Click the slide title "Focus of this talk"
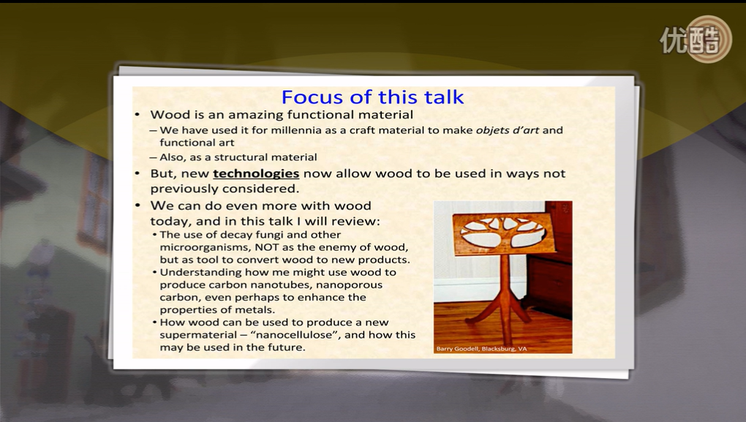[372, 97]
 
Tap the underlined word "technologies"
[256, 173]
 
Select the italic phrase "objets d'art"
[507, 130]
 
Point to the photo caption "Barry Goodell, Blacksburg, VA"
[481, 349]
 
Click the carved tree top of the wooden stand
[504, 233]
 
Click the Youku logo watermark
[696, 39]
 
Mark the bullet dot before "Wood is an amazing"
[137, 115]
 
